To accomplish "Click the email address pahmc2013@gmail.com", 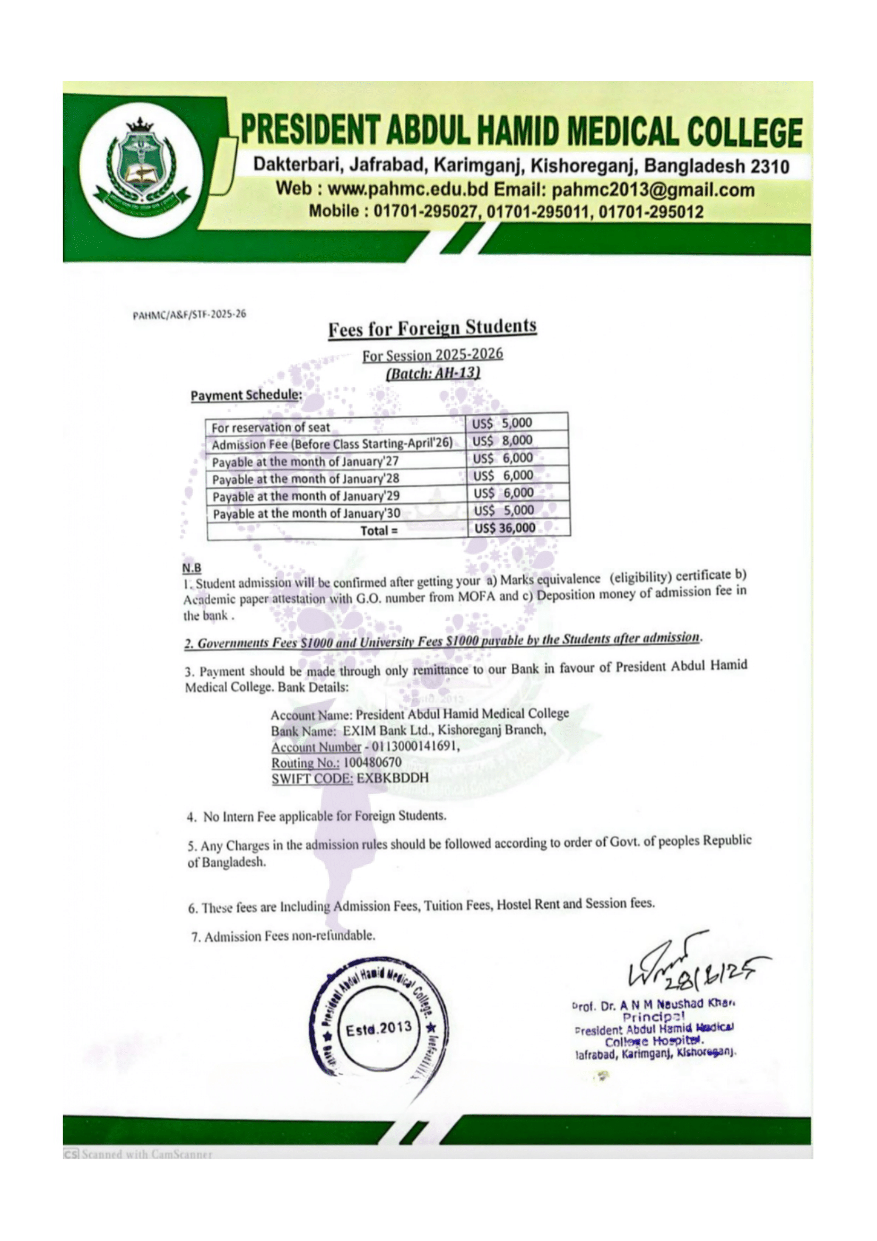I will (x=653, y=190).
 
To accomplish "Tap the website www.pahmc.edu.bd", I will (x=408, y=190).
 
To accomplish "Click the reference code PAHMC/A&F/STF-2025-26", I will (x=189, y=315).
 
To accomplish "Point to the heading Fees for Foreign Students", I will (x=432, y=328).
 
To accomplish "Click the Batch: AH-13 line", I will (x=433, y=373).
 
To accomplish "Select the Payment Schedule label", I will (x=246, y=395).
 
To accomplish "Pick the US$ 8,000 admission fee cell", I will (x=502, y=440).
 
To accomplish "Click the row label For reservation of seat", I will (x=270, y=428).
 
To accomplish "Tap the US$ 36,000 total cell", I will (x=505, y=528).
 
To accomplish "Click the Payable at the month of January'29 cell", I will (x=306, y=496).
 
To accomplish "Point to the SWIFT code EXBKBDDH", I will (x=392, y=778).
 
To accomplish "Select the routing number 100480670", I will (x=372, y=762).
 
